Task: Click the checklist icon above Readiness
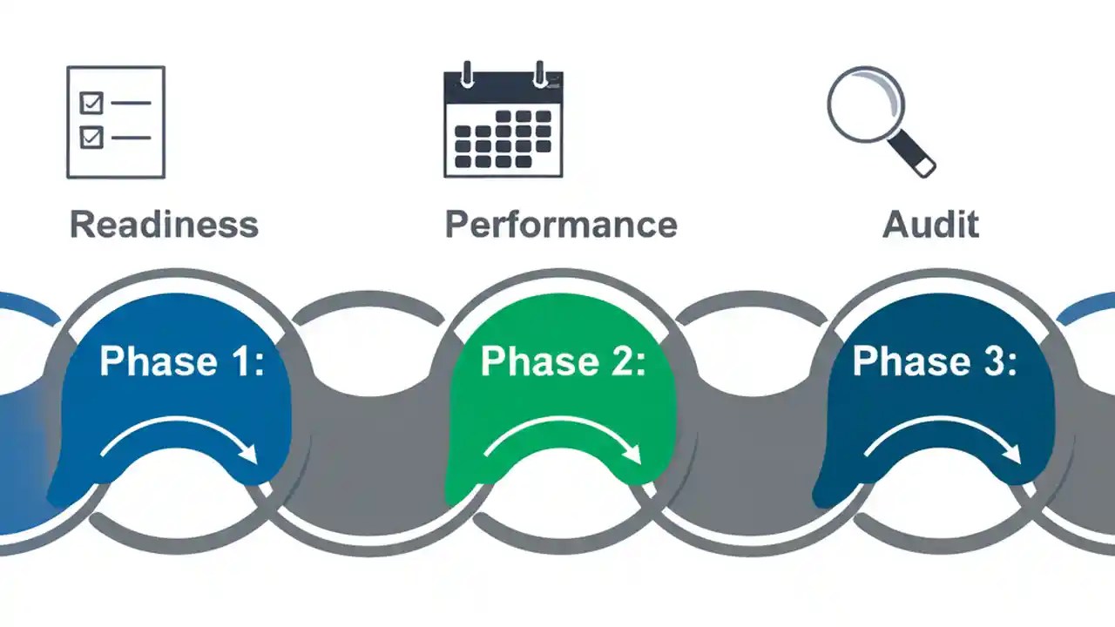[x=116, y=122]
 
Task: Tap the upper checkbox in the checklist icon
[x=91, y=104]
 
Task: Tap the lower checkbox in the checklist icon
[x=91, y=137]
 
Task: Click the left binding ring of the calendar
[x=468, y=74]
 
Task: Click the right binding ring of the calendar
[x=540, y=74]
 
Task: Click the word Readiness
[x=164, y=224]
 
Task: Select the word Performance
[x=561, y=224]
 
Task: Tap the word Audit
[x=930, y=224]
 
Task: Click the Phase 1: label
[x=181, y=361]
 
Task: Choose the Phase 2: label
[x=563, y=361]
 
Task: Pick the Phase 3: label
[x=934, y=361]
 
